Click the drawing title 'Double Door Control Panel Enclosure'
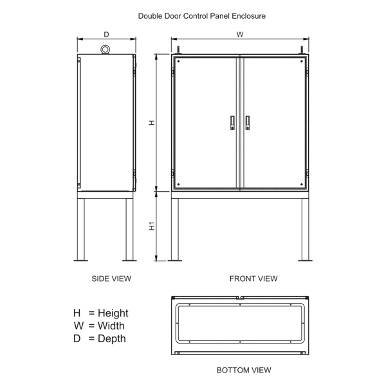tap(201, 16)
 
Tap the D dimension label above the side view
tap(106, 35)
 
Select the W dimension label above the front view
tap(240, 35)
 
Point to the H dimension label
tap(152, 122)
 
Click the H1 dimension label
tap(152, 226)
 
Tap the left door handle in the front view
tap(232, 123)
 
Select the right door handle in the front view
tap(248, 123)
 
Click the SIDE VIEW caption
tap(111, 279)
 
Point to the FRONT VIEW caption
tap(253, 279)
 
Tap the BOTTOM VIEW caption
tap(244, 370)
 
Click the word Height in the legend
tap(113, 313)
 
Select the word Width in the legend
tap(111, 326)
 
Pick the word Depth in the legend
tap(112, 339)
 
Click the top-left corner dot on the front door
tap(178, 61)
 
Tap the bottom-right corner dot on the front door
tap(302, 185)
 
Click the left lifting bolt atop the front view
tap(178, 50)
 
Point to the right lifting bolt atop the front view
tap(302, 50)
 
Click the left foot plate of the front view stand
tap(175, 260)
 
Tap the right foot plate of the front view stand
tap(305, 260)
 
